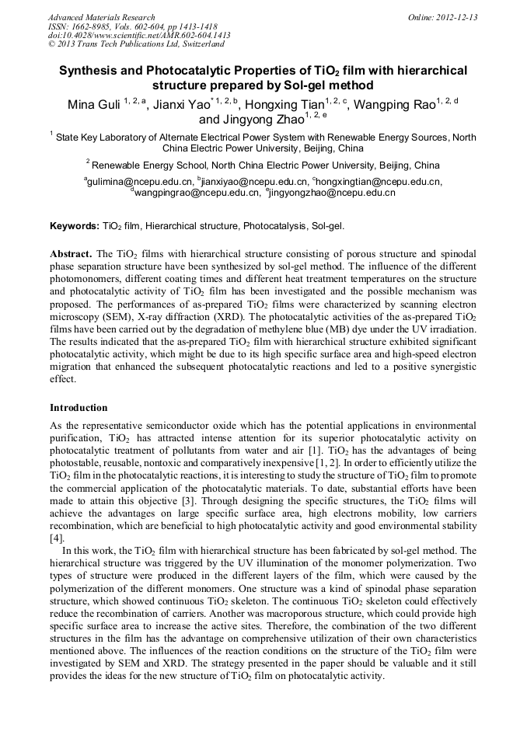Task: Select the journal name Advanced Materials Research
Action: coord(102,17)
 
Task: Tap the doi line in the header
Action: coord(139,36)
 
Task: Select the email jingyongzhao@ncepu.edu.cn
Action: coord(331,193)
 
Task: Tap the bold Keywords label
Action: coord(75,226)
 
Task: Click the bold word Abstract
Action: coord(71,254)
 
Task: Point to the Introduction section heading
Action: coord(79,408)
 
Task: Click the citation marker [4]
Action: coord(57,537)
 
